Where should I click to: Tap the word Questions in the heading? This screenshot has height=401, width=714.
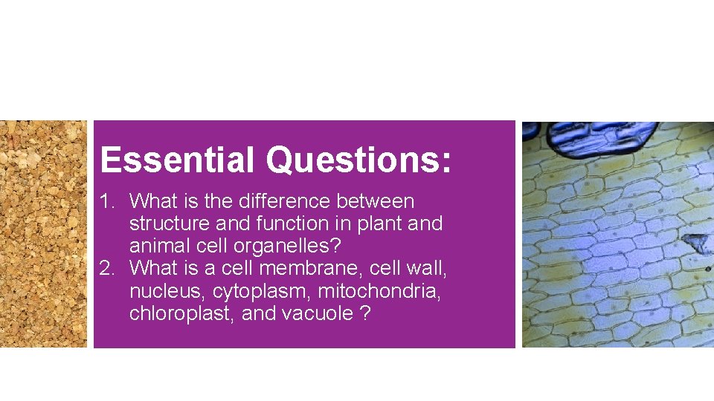(358, 160)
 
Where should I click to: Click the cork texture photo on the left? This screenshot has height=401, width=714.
(43, 234)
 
